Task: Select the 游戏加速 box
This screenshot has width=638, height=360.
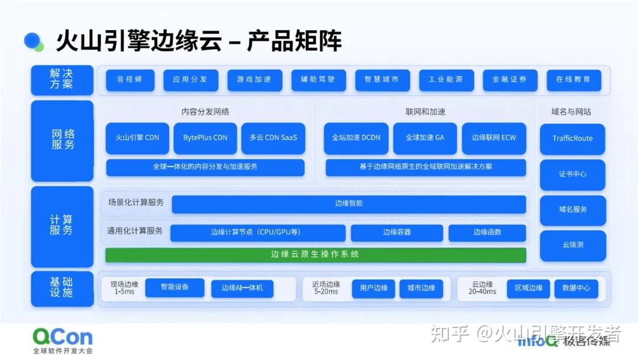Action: pos(254,80)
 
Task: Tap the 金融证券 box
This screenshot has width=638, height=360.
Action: pos(509,80)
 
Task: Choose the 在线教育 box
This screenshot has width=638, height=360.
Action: pos(573,80)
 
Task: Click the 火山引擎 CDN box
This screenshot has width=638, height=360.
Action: pos(137,138)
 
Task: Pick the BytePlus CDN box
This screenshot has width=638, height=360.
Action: pos(205,138)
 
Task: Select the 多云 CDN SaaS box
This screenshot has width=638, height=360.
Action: pos(273,138)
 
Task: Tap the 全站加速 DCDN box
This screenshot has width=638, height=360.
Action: pos(356,138)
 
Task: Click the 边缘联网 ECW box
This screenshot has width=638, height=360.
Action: pos(494,138)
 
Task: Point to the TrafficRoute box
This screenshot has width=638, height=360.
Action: pos(572,139)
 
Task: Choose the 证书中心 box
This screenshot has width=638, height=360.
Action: pos(572,175)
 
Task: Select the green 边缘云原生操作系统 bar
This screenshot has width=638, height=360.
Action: pos(315,255)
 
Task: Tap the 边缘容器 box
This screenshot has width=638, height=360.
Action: pos(396,233)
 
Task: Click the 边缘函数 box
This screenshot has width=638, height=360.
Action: pos(487,233)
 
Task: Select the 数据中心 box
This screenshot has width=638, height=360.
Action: pos(576,288)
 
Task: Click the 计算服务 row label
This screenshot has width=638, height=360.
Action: pos(62,226)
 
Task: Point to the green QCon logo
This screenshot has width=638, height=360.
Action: pos(62,337)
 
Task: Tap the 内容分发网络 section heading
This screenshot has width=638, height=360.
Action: pos(205,112)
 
